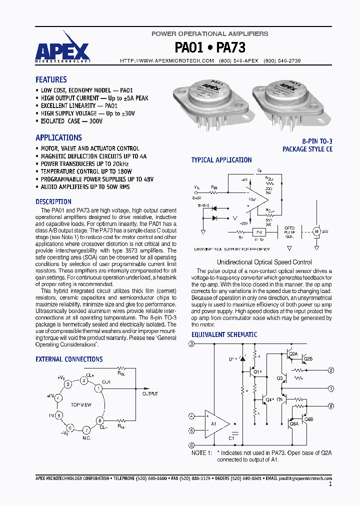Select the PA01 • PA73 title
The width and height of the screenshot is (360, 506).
click(x=210, y=47)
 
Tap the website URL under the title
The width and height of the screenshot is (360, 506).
click(x=167, y=60)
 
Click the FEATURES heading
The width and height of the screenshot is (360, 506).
click(x=51, y=79)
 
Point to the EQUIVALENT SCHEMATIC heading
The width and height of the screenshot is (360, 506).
click(x=224, y=334)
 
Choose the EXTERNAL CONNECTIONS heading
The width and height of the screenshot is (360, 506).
click(x=69, y=359)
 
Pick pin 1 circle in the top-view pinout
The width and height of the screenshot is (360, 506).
click(x=99, y=388)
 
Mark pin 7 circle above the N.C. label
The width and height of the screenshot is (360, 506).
click(x=86, y=430)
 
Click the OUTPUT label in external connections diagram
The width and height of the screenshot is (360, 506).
click(x=150, y=394)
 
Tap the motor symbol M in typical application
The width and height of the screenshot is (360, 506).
click(x=315, y=231)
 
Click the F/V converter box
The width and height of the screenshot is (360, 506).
click(x=259, y=232)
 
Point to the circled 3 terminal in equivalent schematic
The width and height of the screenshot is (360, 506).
click(x=191, y=344)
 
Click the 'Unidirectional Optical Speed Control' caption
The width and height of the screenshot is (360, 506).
click(x=264, y=262)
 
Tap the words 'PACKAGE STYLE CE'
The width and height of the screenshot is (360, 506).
click(x=307, y=149)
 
